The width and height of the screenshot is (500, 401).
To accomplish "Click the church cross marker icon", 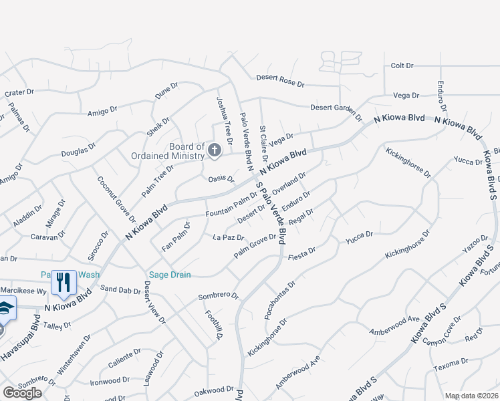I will pyautogui.click(x=215, y=150).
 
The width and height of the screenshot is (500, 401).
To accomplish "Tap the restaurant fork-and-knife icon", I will pyautogui.click(x=64, y=282).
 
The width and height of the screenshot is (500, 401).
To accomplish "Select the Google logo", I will pyautogui.click(x=22, y=393).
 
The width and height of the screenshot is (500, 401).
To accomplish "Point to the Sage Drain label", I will pyautogui.click(x=169, y=275).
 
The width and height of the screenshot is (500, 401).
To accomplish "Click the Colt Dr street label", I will pyautogui.click(x=402, y=66).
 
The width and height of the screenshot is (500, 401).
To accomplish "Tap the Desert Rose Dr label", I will pyautogui.click(x=280, y=81).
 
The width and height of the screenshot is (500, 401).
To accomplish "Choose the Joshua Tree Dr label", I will pyautogui.click(x=223, y=120).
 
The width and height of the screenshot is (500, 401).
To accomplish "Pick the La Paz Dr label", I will pyautogui.click(x=228, y=237).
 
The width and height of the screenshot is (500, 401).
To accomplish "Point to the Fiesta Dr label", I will pyautogui.click(x=301, y=255).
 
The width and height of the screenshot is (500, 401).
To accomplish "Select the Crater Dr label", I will pyautogui.click(x=18, y=93).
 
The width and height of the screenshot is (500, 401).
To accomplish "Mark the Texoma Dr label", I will pyautogui.click(x=451, y=363).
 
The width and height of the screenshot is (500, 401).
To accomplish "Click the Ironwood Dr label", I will pyautogui.click(x=105, y=381).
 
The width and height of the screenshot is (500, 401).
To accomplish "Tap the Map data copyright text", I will pyautogui.click(x=472, y=396).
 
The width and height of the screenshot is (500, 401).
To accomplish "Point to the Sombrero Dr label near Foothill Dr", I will pyautogui.click(x=218, y=295).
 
